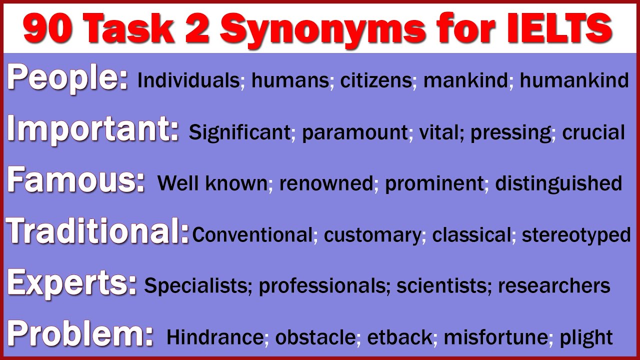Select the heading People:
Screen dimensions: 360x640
click(x=67, y=78)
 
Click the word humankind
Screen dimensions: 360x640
click(x=574, y=80)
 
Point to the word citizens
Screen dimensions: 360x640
click(x=376, y=80)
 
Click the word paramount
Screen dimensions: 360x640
click(x=355, y=132)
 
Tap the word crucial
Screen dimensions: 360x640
click(x=593, y=132)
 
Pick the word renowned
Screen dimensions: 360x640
click(x=326, y=184)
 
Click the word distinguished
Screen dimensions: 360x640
click(x=558, y=184)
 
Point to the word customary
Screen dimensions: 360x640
click(x=372, y=235)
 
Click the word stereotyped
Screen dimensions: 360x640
click(x=576, y=235)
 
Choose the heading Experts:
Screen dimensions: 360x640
click(x=72, y=283)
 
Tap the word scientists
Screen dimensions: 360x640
click(x=440, y=286)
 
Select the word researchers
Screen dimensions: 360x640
click(x=554, y=286)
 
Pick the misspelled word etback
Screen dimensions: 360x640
click(x=399, y=337)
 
